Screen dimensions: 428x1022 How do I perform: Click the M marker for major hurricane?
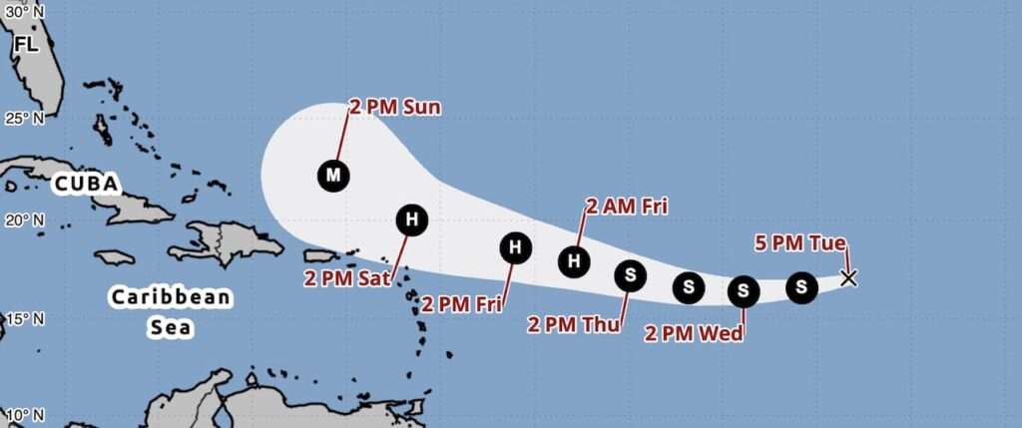click(333, 176)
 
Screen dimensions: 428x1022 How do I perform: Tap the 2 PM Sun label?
click(394, 107)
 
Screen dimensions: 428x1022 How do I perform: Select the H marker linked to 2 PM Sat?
click(410, 219)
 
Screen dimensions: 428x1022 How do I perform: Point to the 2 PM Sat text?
click(345, 277)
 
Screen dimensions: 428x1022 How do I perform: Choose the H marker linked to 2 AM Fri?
click(574, 260)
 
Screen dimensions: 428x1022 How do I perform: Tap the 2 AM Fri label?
click(627, 207)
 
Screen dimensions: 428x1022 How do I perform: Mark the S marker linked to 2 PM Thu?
click(630, 274)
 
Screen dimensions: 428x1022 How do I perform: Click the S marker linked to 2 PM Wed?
click(744, 291)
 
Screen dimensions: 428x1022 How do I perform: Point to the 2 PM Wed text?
click(694, 333)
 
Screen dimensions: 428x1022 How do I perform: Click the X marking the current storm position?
click(848, 277)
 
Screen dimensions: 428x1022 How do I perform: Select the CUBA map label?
click(87, 185)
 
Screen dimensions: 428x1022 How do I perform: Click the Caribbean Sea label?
click(171, 310)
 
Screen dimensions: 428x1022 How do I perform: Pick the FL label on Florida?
click(26, 46)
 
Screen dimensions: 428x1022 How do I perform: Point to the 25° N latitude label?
click(24, 119)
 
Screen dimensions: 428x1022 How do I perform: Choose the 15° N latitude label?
click(24, 319)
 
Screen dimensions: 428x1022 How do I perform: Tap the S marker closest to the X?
click(800, 287)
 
